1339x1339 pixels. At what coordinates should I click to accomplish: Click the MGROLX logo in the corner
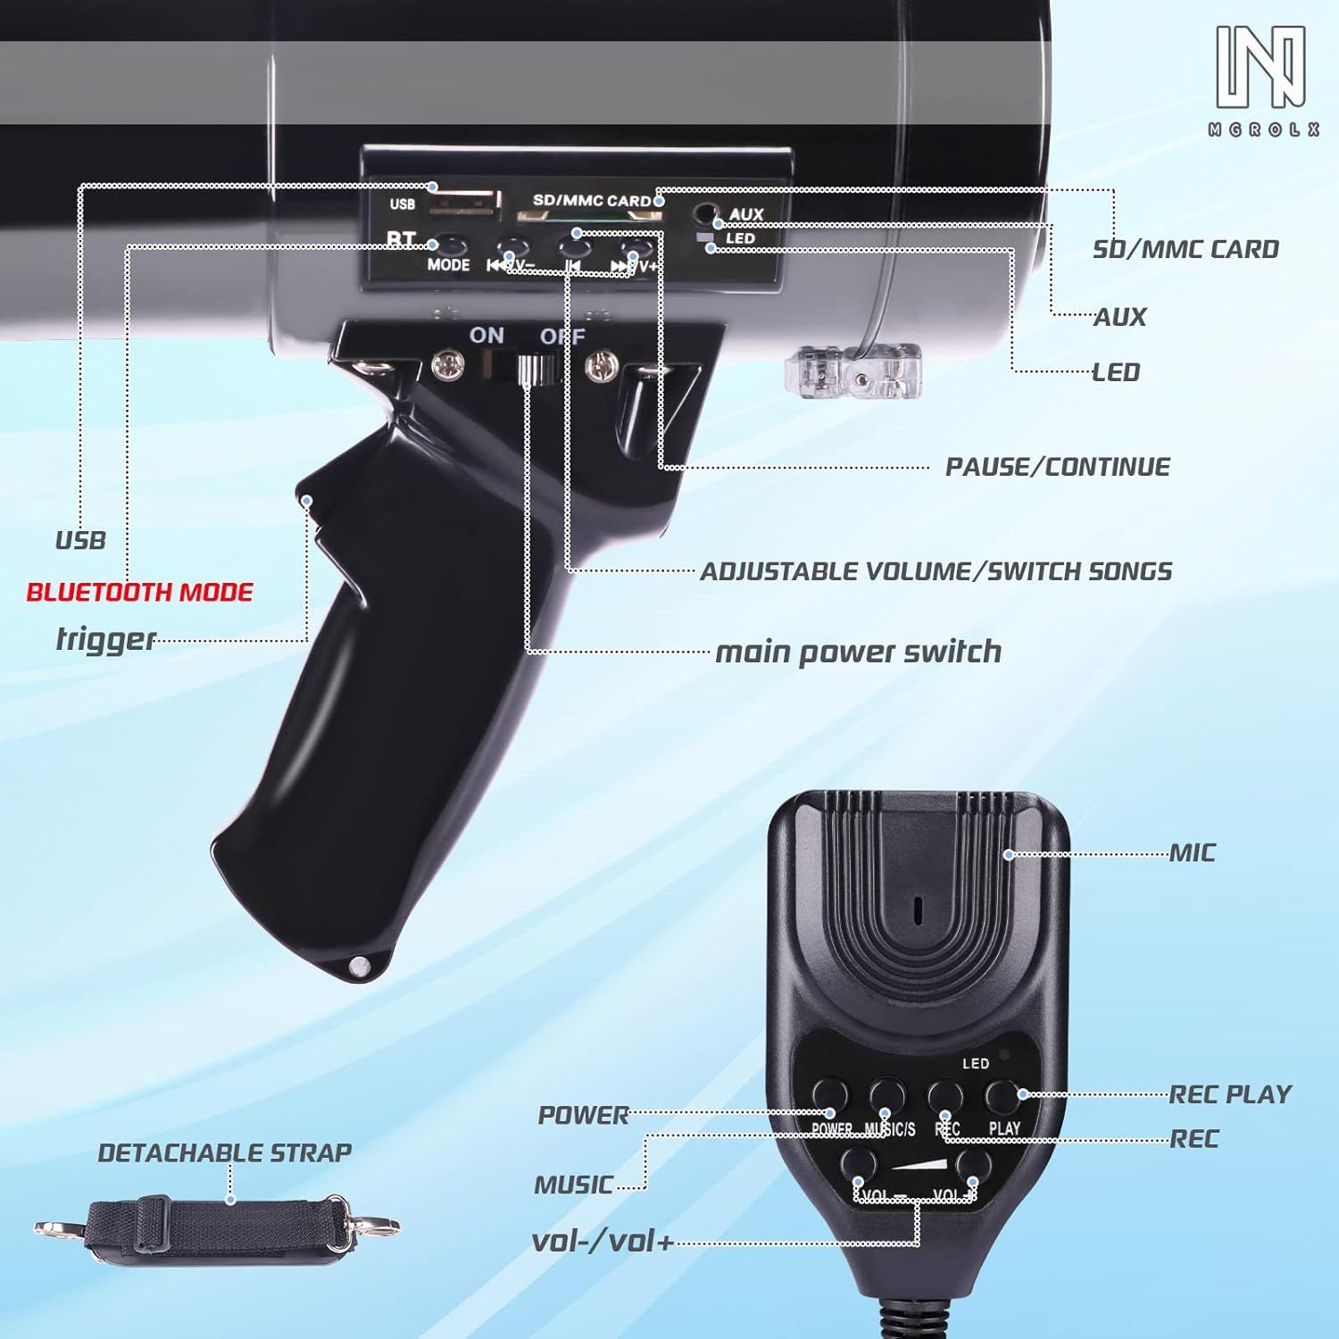pyautogui.click(x=1263, y=80)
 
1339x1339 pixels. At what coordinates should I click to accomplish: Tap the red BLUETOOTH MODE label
pyautogui.click(x=139, y=593)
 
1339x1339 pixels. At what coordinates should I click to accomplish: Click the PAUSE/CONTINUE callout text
pyautogui.click(x=1057, y=467)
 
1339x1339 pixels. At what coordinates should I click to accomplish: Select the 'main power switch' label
pyautogui.click(x=858, y=652)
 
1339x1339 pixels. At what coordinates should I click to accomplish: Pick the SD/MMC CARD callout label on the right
pyautogui.click(x=1185, y=249)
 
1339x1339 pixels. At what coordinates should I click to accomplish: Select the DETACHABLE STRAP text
pyautogui.click(x=224, y=1152)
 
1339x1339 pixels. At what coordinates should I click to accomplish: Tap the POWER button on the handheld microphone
pyautogui.click(x=829, y=1094)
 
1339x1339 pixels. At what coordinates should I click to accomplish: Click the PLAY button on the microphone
pyautogui.click(x=1002, y=1094)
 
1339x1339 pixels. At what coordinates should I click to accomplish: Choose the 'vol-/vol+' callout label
pyautogui.click(x=603, y=1241)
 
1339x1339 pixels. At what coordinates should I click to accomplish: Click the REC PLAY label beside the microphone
pyautogui.click(x=1230, y=1094)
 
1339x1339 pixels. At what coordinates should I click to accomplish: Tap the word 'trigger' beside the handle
pyautogui.click(x=105, y=639)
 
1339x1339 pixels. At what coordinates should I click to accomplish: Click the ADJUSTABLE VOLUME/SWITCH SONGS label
pyautogui.click(x=936, y=571)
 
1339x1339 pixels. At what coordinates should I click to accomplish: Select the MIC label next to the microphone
pyautogui.click(x=1193, y=853)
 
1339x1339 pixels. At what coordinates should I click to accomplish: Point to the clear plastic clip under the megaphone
pyautogui.click(x=852, y=371)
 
